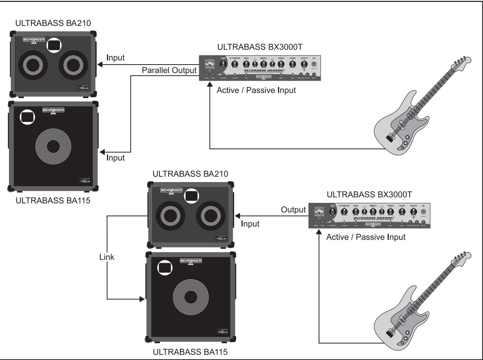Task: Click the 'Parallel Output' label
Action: click(169, 71)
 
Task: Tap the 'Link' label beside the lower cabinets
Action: click(107, 257)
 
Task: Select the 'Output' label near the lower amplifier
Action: click(293, 210)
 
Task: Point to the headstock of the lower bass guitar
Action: click(461, 260)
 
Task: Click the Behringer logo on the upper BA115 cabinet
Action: click(53, 110)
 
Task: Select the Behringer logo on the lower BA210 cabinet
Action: click(171, 191)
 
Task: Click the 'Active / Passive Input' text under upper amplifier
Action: click(256, 90)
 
